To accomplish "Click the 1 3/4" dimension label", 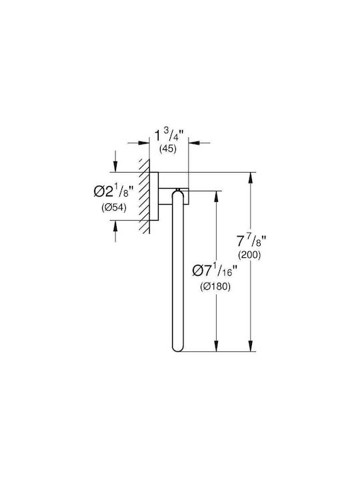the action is pos(168,135).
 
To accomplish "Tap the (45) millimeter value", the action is pos(168,149).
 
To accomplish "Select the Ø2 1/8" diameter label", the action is pos(113,191).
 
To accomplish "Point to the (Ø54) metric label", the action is pos(114,208).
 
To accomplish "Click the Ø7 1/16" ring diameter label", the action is pos(215,271).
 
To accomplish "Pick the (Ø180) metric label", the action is pos(215,287).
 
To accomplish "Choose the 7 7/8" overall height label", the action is pos(250,241).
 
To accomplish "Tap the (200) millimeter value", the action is pos(249,255).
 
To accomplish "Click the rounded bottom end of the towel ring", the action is pos(178,348).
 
